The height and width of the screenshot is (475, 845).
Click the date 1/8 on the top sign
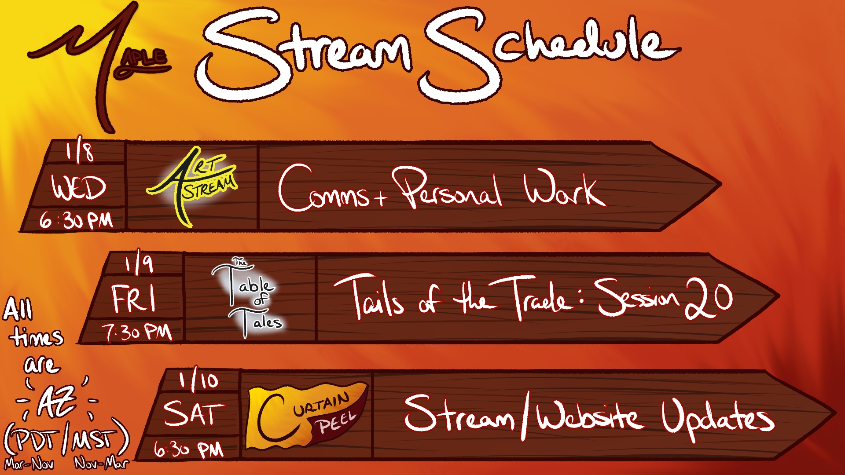(80, 152)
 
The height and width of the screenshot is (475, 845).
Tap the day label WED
(79, 188)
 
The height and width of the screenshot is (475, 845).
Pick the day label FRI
(134, 299)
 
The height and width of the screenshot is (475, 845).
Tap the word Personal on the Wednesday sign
(447, 189)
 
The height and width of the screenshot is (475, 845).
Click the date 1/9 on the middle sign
(139, 264)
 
